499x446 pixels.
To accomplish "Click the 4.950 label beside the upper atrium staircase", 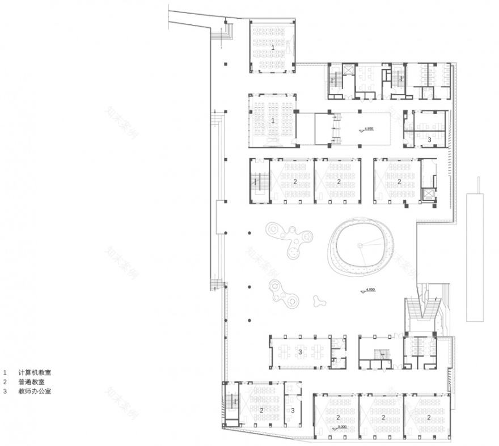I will pyautogui.click(x=369, y=129).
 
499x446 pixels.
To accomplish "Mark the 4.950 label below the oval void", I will pyautogui.click(x=370, y=289).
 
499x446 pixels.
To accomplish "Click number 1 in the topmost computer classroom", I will pyautogui.click(x=273, y=48).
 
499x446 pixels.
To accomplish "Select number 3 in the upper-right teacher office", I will pyautogui.click(x=429, y=139).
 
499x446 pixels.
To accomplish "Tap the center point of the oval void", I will pyautogui.click(x=358, y=245).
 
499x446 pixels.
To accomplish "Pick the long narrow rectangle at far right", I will pyautogui.click(x=475, y=257).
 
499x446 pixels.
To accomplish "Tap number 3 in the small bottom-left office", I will pyautogui.click(x=293, y=410).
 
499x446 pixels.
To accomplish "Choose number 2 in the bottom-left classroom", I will pyautogui.click(x=261, y=410).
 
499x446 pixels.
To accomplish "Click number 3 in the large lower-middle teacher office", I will pyautogui.click(x=300, y=352).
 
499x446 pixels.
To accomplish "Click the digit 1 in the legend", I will pyautogui.click(x=5, y=373).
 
